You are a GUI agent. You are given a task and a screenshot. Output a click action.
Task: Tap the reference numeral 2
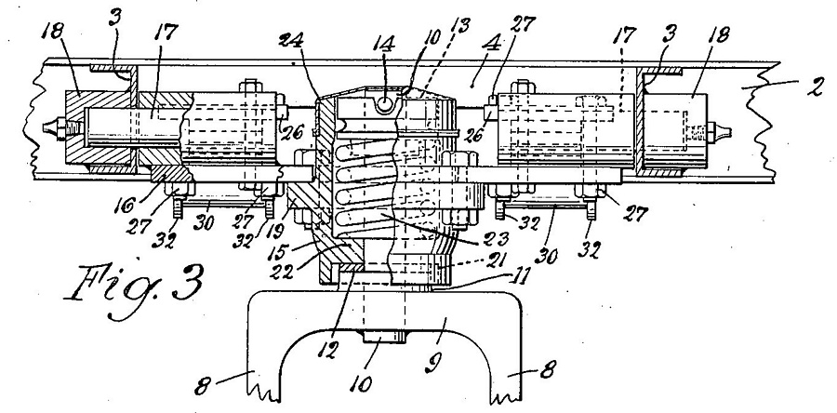(816, 87)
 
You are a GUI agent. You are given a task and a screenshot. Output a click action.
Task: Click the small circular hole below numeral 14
(383, 105)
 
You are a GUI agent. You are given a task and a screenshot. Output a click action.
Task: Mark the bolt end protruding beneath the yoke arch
(384, 337)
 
